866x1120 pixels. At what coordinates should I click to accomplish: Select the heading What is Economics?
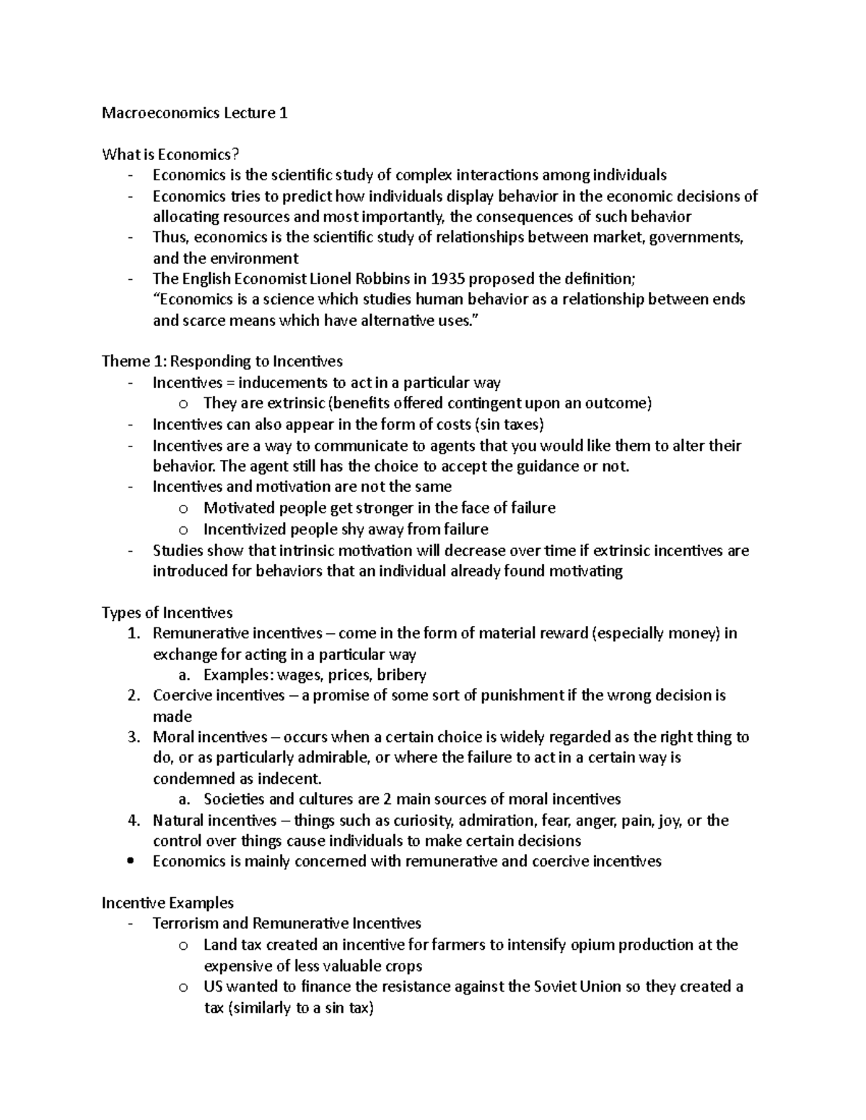coord(170,154)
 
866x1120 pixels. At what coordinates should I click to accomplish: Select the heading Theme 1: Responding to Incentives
coord(222,361)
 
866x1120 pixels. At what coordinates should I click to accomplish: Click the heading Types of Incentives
coord(167,613)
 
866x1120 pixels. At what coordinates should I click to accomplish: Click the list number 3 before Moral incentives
coord(133,737)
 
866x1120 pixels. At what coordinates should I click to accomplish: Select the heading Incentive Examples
coord(167,903)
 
